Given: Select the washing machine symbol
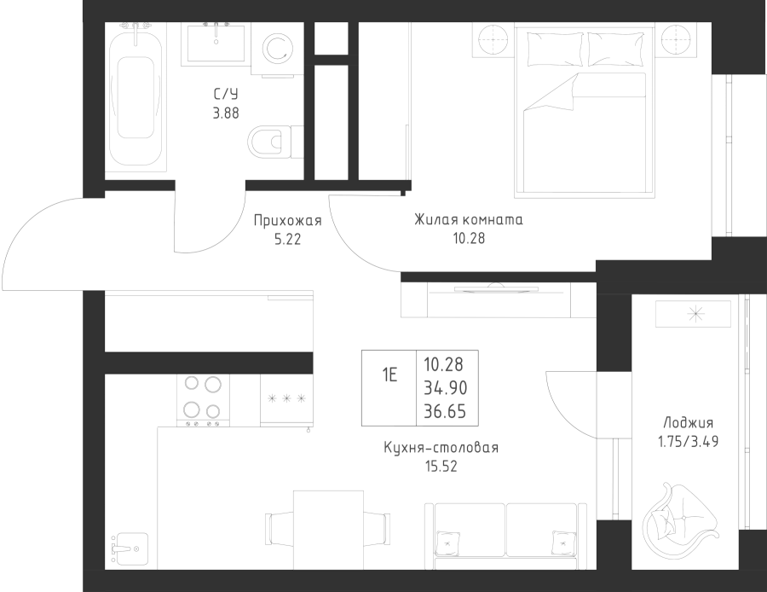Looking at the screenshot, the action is point(277,49).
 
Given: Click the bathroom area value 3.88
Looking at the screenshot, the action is point(226,113).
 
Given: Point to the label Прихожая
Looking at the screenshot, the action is point(288,221).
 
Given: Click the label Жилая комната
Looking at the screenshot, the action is point(469,220).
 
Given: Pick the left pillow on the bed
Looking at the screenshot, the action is point(555,49).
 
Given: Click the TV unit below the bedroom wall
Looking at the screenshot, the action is point(499,299).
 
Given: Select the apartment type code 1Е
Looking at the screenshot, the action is point(389,375).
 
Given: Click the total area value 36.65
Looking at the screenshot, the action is point(445,412).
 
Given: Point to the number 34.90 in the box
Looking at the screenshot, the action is point(445,388).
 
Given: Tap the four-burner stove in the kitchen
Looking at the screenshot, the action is point(203,400).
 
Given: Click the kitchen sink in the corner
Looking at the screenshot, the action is point(130,549).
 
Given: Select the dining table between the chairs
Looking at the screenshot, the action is point(328,531).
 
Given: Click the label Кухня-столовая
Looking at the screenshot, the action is point(441,448).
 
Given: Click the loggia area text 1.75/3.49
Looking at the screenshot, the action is point(689,442).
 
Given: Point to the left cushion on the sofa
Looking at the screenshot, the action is point(447,543).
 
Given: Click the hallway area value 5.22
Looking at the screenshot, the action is point(288,240).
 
